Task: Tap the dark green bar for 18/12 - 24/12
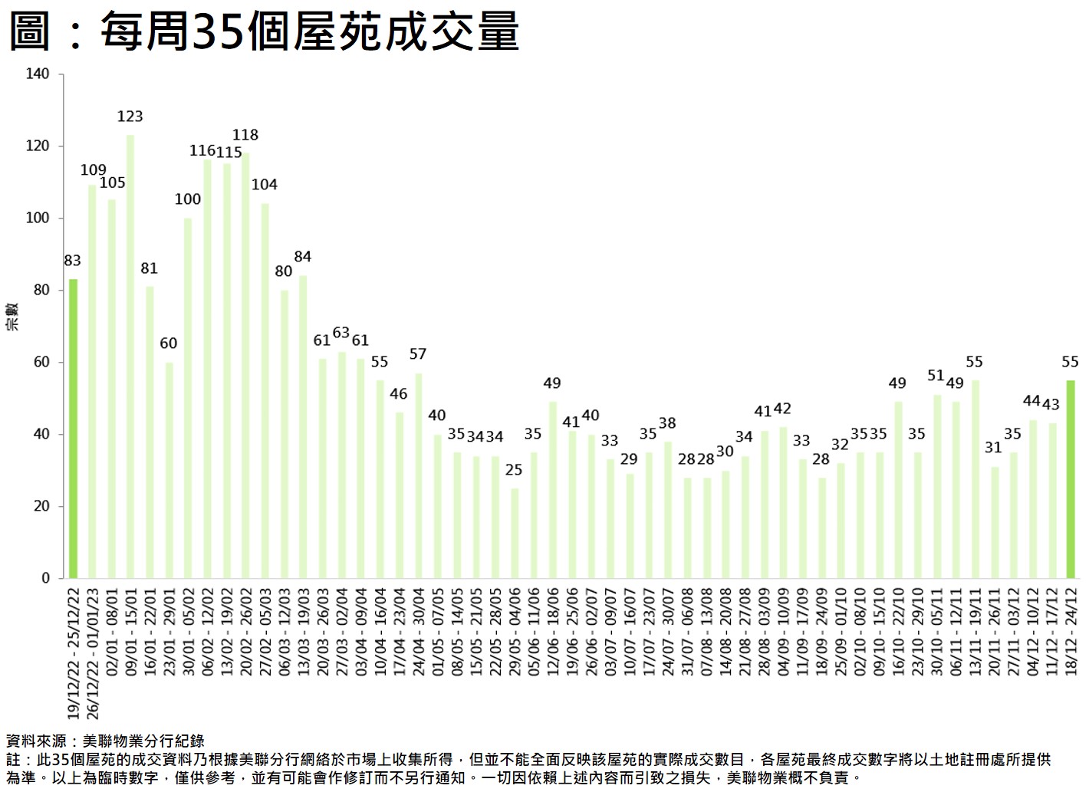(x=1071, y=478)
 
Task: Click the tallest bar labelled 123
(x=130, y=356)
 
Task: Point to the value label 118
(x=245, y=135)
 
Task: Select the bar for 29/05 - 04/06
(x=515, y=533)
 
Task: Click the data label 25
(x=514, y=469)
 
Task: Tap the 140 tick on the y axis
(x=37, y=74)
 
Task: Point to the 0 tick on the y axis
(x=45, y=578)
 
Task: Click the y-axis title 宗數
(x=12, y=317)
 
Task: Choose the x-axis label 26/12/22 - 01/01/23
(x=93, y=652)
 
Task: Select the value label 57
(x=418, y=354)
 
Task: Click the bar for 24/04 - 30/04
(x=419, y=475)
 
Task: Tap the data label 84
(x=303, y=257)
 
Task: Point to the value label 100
(x=188, y=199)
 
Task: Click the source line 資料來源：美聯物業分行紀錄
(x=105, y=741)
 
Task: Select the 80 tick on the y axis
(x=41, y=291)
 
